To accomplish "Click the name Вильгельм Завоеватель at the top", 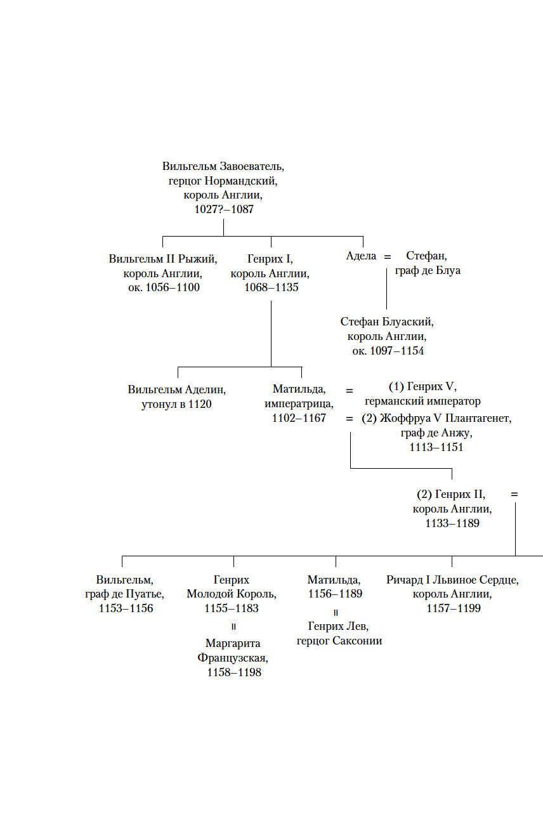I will tap(223, 167).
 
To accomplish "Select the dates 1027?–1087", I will tap(223, 209).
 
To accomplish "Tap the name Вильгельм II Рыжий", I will tap(163, 259).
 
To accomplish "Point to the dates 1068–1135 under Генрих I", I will tap(271, 287).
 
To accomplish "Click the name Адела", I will tap(362, 256).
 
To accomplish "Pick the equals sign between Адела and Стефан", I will tap(388, 257).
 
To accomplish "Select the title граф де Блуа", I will tap(428, 271).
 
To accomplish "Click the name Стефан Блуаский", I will tap(388, 322).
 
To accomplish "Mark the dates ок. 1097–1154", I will tap(388, 351).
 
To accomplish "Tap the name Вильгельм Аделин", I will tap(177, 389).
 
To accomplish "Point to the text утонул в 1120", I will tap(176, 404).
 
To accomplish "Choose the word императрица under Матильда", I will tap(299, 404).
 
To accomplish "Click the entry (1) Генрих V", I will tap(422, 387).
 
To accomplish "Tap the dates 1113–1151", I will tap(436, 447).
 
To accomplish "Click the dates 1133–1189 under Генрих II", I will tap(452, 523).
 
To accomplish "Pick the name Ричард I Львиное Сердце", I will tap(452, 580).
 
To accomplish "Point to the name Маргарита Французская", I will tap(233, 651).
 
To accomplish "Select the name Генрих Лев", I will tap(339, 627).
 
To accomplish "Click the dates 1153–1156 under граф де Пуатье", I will tap(126, 608).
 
